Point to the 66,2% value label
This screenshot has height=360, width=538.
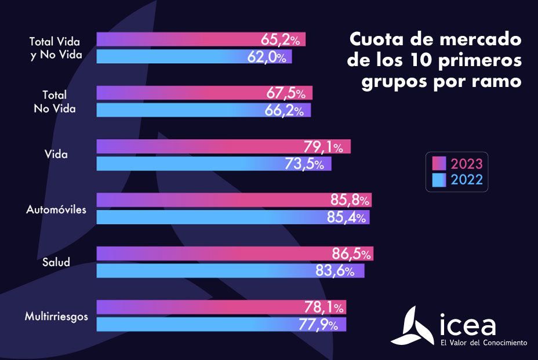285,111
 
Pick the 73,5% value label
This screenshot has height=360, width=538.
304,164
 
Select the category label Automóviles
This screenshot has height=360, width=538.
56,209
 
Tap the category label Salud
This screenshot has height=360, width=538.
56,262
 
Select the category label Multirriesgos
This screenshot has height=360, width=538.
56,317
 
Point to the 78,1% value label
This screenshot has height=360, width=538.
325,307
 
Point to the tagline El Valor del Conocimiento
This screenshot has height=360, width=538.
484,343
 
